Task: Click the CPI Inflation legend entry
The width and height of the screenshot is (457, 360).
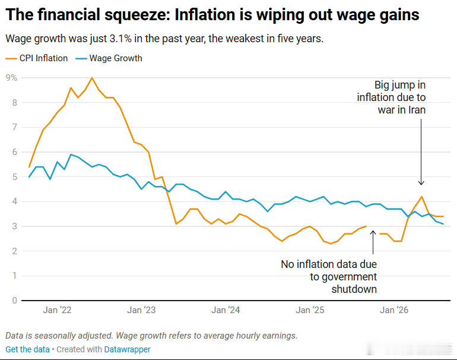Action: (x=37, y=58)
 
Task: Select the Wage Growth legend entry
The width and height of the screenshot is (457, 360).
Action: (x=109, y=58)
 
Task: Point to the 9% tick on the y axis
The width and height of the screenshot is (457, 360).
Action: (x=11, y=78)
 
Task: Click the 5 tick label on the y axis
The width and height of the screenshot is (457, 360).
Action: (x=15, y=177)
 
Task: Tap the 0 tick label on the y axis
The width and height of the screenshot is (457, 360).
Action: (x=15, y=300)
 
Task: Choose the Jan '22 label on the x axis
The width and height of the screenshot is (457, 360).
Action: (x=57, y=310)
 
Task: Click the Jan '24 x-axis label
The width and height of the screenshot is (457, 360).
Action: (x=226, y=310)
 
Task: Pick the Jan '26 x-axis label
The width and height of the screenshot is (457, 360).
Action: (x=394, y=310)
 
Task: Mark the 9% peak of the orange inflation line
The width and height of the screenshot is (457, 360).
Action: (x=92, y=78)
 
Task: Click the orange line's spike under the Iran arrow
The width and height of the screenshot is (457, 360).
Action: (x=421, y=197)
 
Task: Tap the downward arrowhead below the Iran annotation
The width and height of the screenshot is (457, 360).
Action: (x=421, y=183)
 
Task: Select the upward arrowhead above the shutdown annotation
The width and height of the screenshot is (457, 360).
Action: (x=373, y=232)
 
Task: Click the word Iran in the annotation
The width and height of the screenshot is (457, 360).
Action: (x=417, y=110)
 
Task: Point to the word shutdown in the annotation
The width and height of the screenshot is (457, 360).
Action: (x=354, y=289)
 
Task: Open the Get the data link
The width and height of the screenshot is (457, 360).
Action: (x=28, y=349)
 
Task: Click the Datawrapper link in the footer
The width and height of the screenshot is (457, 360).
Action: (x=128, y=349)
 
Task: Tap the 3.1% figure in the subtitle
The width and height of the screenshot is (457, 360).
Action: (x=120, y=39)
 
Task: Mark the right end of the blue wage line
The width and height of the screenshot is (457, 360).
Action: (x=443, y=224)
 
